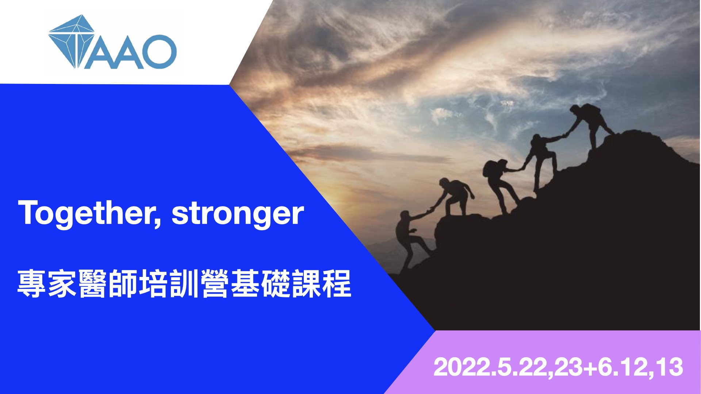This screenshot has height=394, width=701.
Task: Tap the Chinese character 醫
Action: pos(93,283)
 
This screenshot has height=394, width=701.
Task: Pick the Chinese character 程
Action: pos(337,283)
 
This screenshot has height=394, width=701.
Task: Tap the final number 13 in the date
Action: pos(669,367)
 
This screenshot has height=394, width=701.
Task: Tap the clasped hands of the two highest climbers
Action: pos(565,135)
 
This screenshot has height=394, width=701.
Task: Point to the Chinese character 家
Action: pos(62,283)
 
